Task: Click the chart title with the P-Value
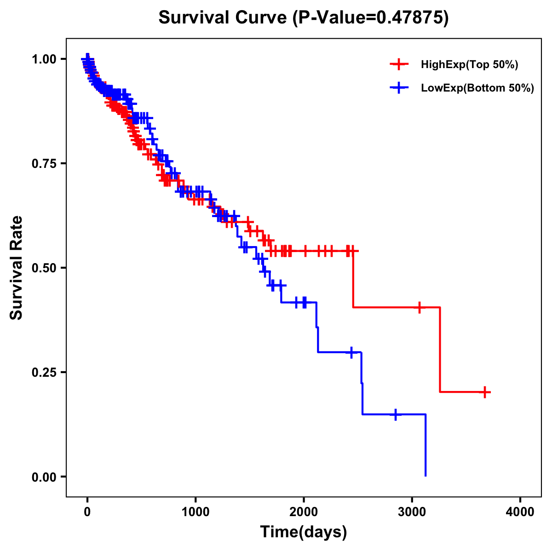(x=303, y=17)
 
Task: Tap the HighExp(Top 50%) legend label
(x=470, y=65)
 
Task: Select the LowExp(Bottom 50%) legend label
(x=477, y=88)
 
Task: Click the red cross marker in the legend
(x=399, y=64)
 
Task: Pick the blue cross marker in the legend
(x=399, y=88)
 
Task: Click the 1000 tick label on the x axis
(x=195, y=512)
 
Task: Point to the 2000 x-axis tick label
(x=304, y=512)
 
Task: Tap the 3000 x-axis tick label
(x=412, y=512)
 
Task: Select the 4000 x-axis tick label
(x=520, y=512)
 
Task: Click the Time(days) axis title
(x=304, y=532)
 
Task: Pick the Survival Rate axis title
(x=17, y=268)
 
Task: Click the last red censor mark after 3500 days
(x=485, y=392)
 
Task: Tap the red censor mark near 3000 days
(x=419, y=307)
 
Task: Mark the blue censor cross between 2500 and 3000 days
(x=395, y=414)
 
